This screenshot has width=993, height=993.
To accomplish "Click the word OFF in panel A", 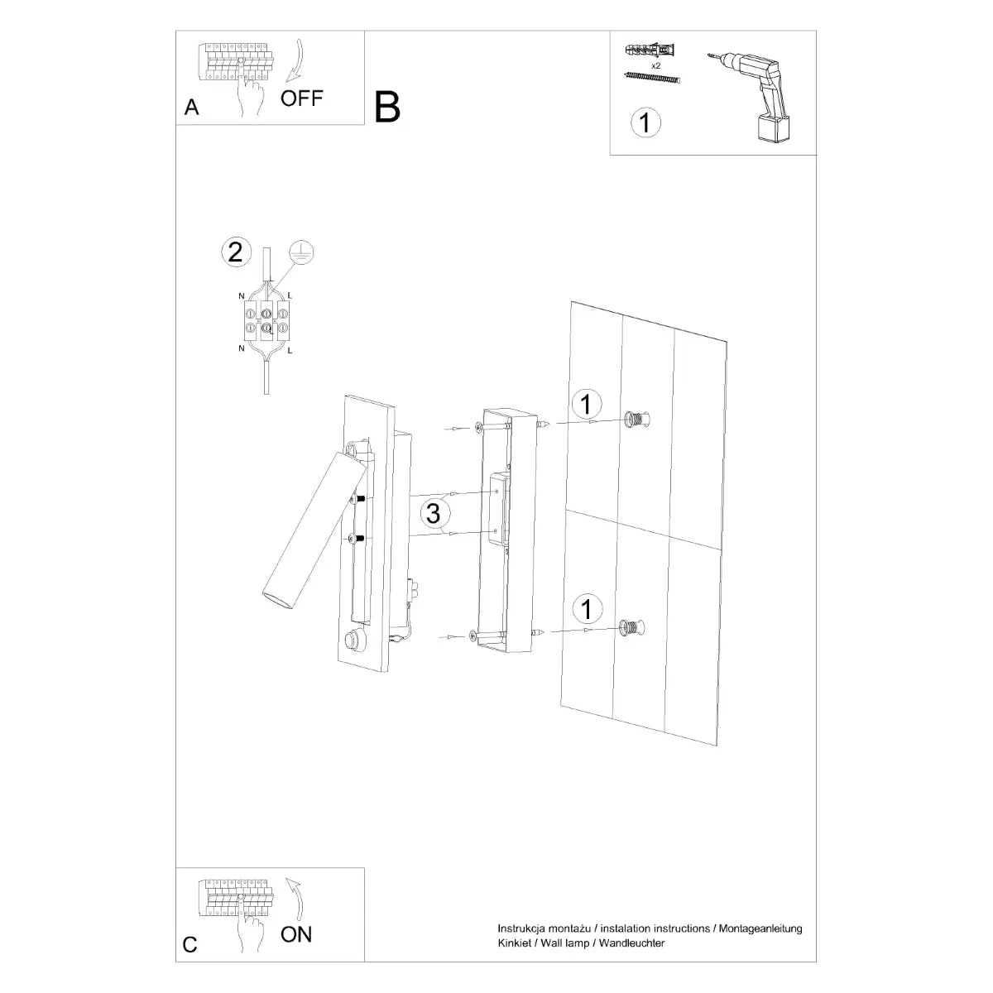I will tap(301, 98).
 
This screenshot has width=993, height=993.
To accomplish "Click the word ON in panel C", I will tap(296, 935).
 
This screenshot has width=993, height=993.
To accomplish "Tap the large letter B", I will tap(387, 107).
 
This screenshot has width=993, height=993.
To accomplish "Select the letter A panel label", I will tap(192, 108).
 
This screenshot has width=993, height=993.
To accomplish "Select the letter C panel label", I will tap(190, 945).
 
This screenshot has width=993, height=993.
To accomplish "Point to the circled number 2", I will tap(235, 252).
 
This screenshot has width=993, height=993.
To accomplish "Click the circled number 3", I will tap(432, 513).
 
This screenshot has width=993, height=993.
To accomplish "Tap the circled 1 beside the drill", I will tap(645, 122).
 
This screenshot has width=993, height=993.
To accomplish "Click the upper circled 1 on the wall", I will tap(587, 405).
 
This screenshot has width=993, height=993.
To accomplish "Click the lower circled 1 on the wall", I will tap(587, 610).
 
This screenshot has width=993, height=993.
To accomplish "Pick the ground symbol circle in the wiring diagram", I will tap(301, 254).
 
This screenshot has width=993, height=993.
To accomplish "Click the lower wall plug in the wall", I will tap(631, 629).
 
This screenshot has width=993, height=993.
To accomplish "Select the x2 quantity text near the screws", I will tap(655, 65).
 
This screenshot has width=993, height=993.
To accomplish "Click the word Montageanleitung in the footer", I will tap(761, 929).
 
